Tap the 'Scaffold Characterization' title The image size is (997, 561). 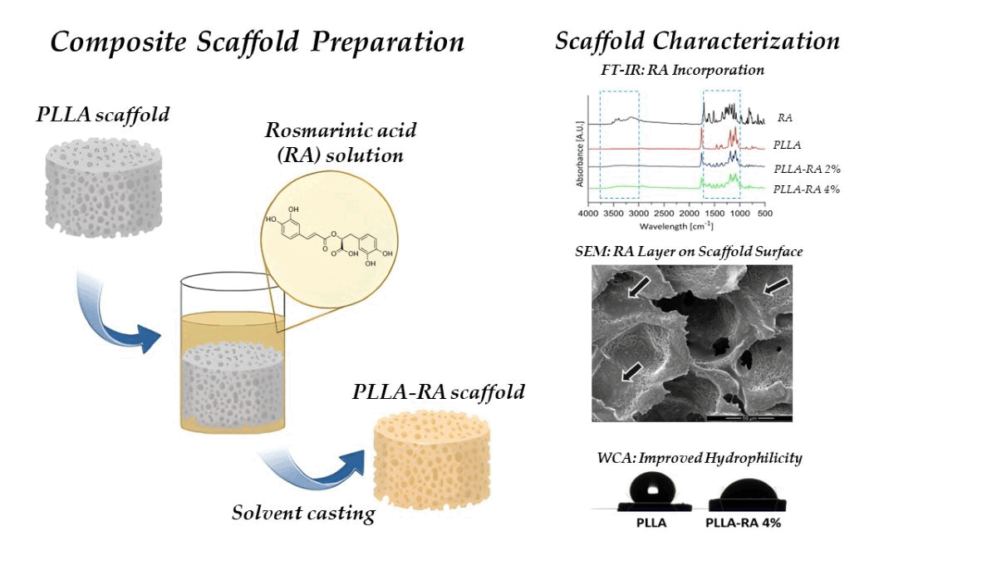point(697,41)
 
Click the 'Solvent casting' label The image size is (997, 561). point(303,513)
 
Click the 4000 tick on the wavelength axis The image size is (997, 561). point(587,214)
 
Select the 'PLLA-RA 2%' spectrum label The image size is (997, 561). point(805,169)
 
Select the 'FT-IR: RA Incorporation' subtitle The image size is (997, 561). point(682,71)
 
